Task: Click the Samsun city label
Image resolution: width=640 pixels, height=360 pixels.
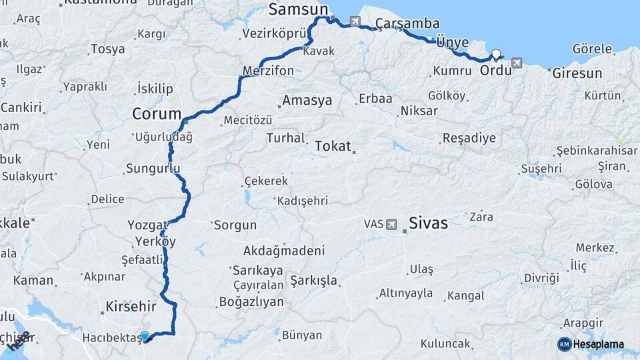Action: [x=299, y=9]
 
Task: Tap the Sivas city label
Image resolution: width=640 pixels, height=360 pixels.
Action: [x=429, y=223]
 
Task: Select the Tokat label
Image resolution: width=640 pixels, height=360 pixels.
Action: [x=332, y=145]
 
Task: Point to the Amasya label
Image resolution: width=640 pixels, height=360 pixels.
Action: [x=307, y=101]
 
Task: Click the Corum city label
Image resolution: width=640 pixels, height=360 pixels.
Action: [x=157, y=113]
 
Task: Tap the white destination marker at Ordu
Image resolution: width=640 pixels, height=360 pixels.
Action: [x=496, y=55]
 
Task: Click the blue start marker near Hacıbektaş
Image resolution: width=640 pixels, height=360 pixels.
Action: [x=145, y=337]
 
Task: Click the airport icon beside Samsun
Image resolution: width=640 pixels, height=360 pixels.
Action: [x=354, y=21]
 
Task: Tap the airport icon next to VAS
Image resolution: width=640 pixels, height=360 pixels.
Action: [x=391, y=224]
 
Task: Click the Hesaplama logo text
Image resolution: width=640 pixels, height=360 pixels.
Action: [x=599, y=344]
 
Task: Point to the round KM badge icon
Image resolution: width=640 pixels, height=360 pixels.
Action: [x=564, y=344]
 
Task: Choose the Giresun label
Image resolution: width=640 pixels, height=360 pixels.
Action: [x=577, y=73]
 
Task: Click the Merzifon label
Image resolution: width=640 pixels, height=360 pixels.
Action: [x=268, y=71]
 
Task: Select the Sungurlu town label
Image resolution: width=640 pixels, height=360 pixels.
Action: [x=153, y=169]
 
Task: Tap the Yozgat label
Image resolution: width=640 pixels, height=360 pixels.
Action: [x=147, y=225]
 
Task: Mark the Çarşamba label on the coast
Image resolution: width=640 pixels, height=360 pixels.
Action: [x=407, y=24]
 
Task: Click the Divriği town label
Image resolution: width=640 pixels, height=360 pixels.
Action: [x=541, y=277]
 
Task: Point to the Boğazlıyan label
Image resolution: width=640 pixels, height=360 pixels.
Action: [x=251, y=301]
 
